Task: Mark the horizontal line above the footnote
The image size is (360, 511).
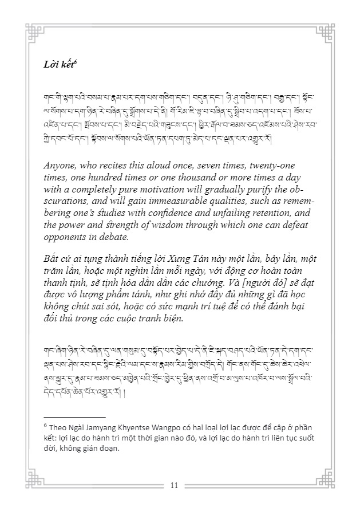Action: [x=74, y=418]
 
